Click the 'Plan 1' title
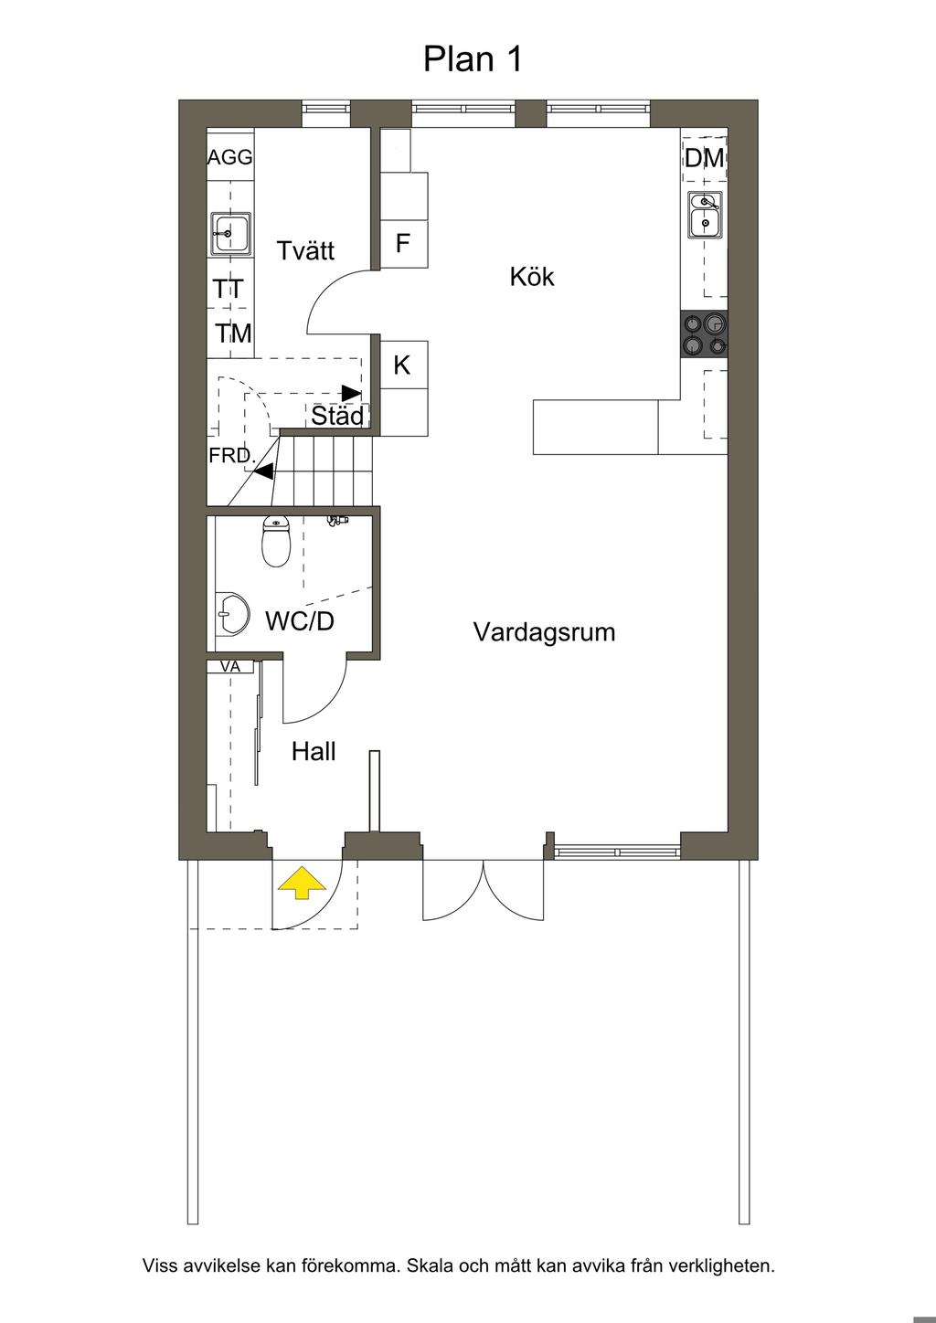point(473,59)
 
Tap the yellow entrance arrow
point(302,883)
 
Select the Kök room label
point(532,277)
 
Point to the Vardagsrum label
point(544,632)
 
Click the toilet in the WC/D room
point(276,541)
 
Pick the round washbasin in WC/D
point(231,614)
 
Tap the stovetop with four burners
point(704,333)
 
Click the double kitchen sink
point(705,215)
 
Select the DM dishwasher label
point(705,158)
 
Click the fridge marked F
point(404,244)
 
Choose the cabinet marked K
point(404,365)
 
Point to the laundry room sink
point(231,235)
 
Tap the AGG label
point(229,157)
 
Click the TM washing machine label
point(233,333)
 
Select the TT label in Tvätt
point(229,290)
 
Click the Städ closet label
point(337,416)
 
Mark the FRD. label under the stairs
point(232,455)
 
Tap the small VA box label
point(229,666)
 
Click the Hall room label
point(314,752)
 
